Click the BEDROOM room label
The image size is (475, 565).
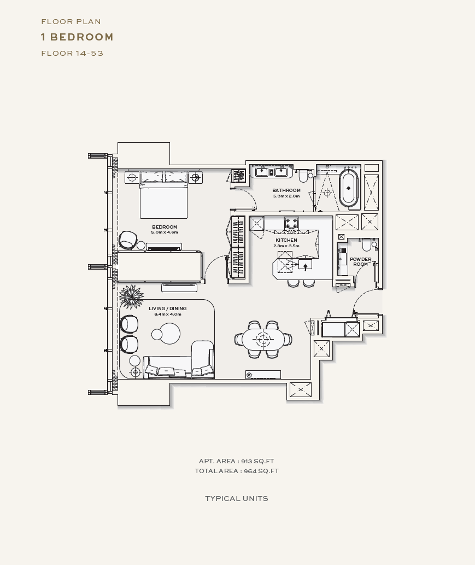click(x=165, y=227)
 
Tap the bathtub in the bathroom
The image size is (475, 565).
click(x=349, y=188)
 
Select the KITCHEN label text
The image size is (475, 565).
click(x=286, y=240)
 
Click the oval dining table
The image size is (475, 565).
click(x=263, y=339)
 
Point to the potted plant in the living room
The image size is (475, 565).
click(x=131, y=296)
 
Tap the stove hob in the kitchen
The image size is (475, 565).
click(x=291, y=222)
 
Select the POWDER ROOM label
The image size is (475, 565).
click(x=360, y=261)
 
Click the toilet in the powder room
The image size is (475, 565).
click(x=366, y=244)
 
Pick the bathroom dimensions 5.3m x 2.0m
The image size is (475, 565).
click(x=286, y=196)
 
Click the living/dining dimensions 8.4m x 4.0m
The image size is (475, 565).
click(x=168, y=314)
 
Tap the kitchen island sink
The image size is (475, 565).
click(x=306, y=265)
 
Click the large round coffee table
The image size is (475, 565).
click(x=169, y=333)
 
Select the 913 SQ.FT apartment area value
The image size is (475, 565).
click(x=257, y=461)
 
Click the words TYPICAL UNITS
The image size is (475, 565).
click(x=237, y=499)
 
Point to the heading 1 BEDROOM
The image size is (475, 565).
click(x=77, y=37)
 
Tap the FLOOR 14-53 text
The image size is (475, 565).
click(x=72, y=54)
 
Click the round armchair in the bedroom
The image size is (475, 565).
click(x=128, y=240)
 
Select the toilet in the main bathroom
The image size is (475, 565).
click(x=303, y=176)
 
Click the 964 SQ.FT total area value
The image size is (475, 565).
click(x=261, y=471)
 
